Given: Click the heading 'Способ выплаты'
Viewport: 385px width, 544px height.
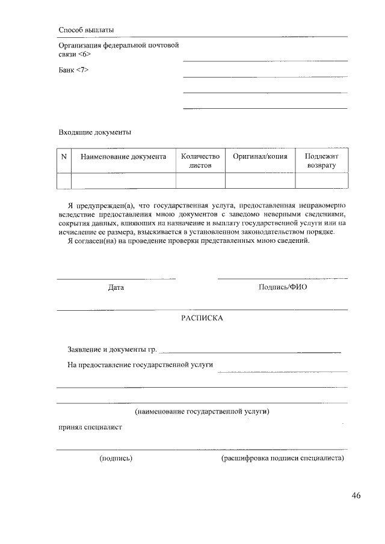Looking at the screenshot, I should (x=86, y=29).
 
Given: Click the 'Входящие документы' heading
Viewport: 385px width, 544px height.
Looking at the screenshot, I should (x=94, y=132).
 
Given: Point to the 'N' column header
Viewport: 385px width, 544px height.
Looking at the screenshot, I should (x=64, y=156).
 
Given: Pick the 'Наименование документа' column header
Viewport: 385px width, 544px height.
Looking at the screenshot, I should (x=123, y=156).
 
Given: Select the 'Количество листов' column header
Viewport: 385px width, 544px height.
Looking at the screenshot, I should (x=200, y=160).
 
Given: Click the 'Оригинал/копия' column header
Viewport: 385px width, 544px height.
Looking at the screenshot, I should (x=260, y=156).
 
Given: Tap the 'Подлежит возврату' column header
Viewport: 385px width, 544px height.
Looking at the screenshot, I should (x=321, y=160).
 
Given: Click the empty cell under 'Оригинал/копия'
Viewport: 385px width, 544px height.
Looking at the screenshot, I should (x=260, y=180).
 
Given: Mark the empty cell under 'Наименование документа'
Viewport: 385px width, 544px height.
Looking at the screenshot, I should (x=123, y=180).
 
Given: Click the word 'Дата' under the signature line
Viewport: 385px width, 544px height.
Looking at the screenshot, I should (x=116, y=287).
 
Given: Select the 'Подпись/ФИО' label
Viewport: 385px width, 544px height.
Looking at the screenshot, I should (x=283, y=287).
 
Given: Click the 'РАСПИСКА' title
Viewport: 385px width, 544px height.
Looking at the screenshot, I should (x=202, y=318).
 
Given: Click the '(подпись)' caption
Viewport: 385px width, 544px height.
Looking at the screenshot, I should (x=116, y=459).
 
